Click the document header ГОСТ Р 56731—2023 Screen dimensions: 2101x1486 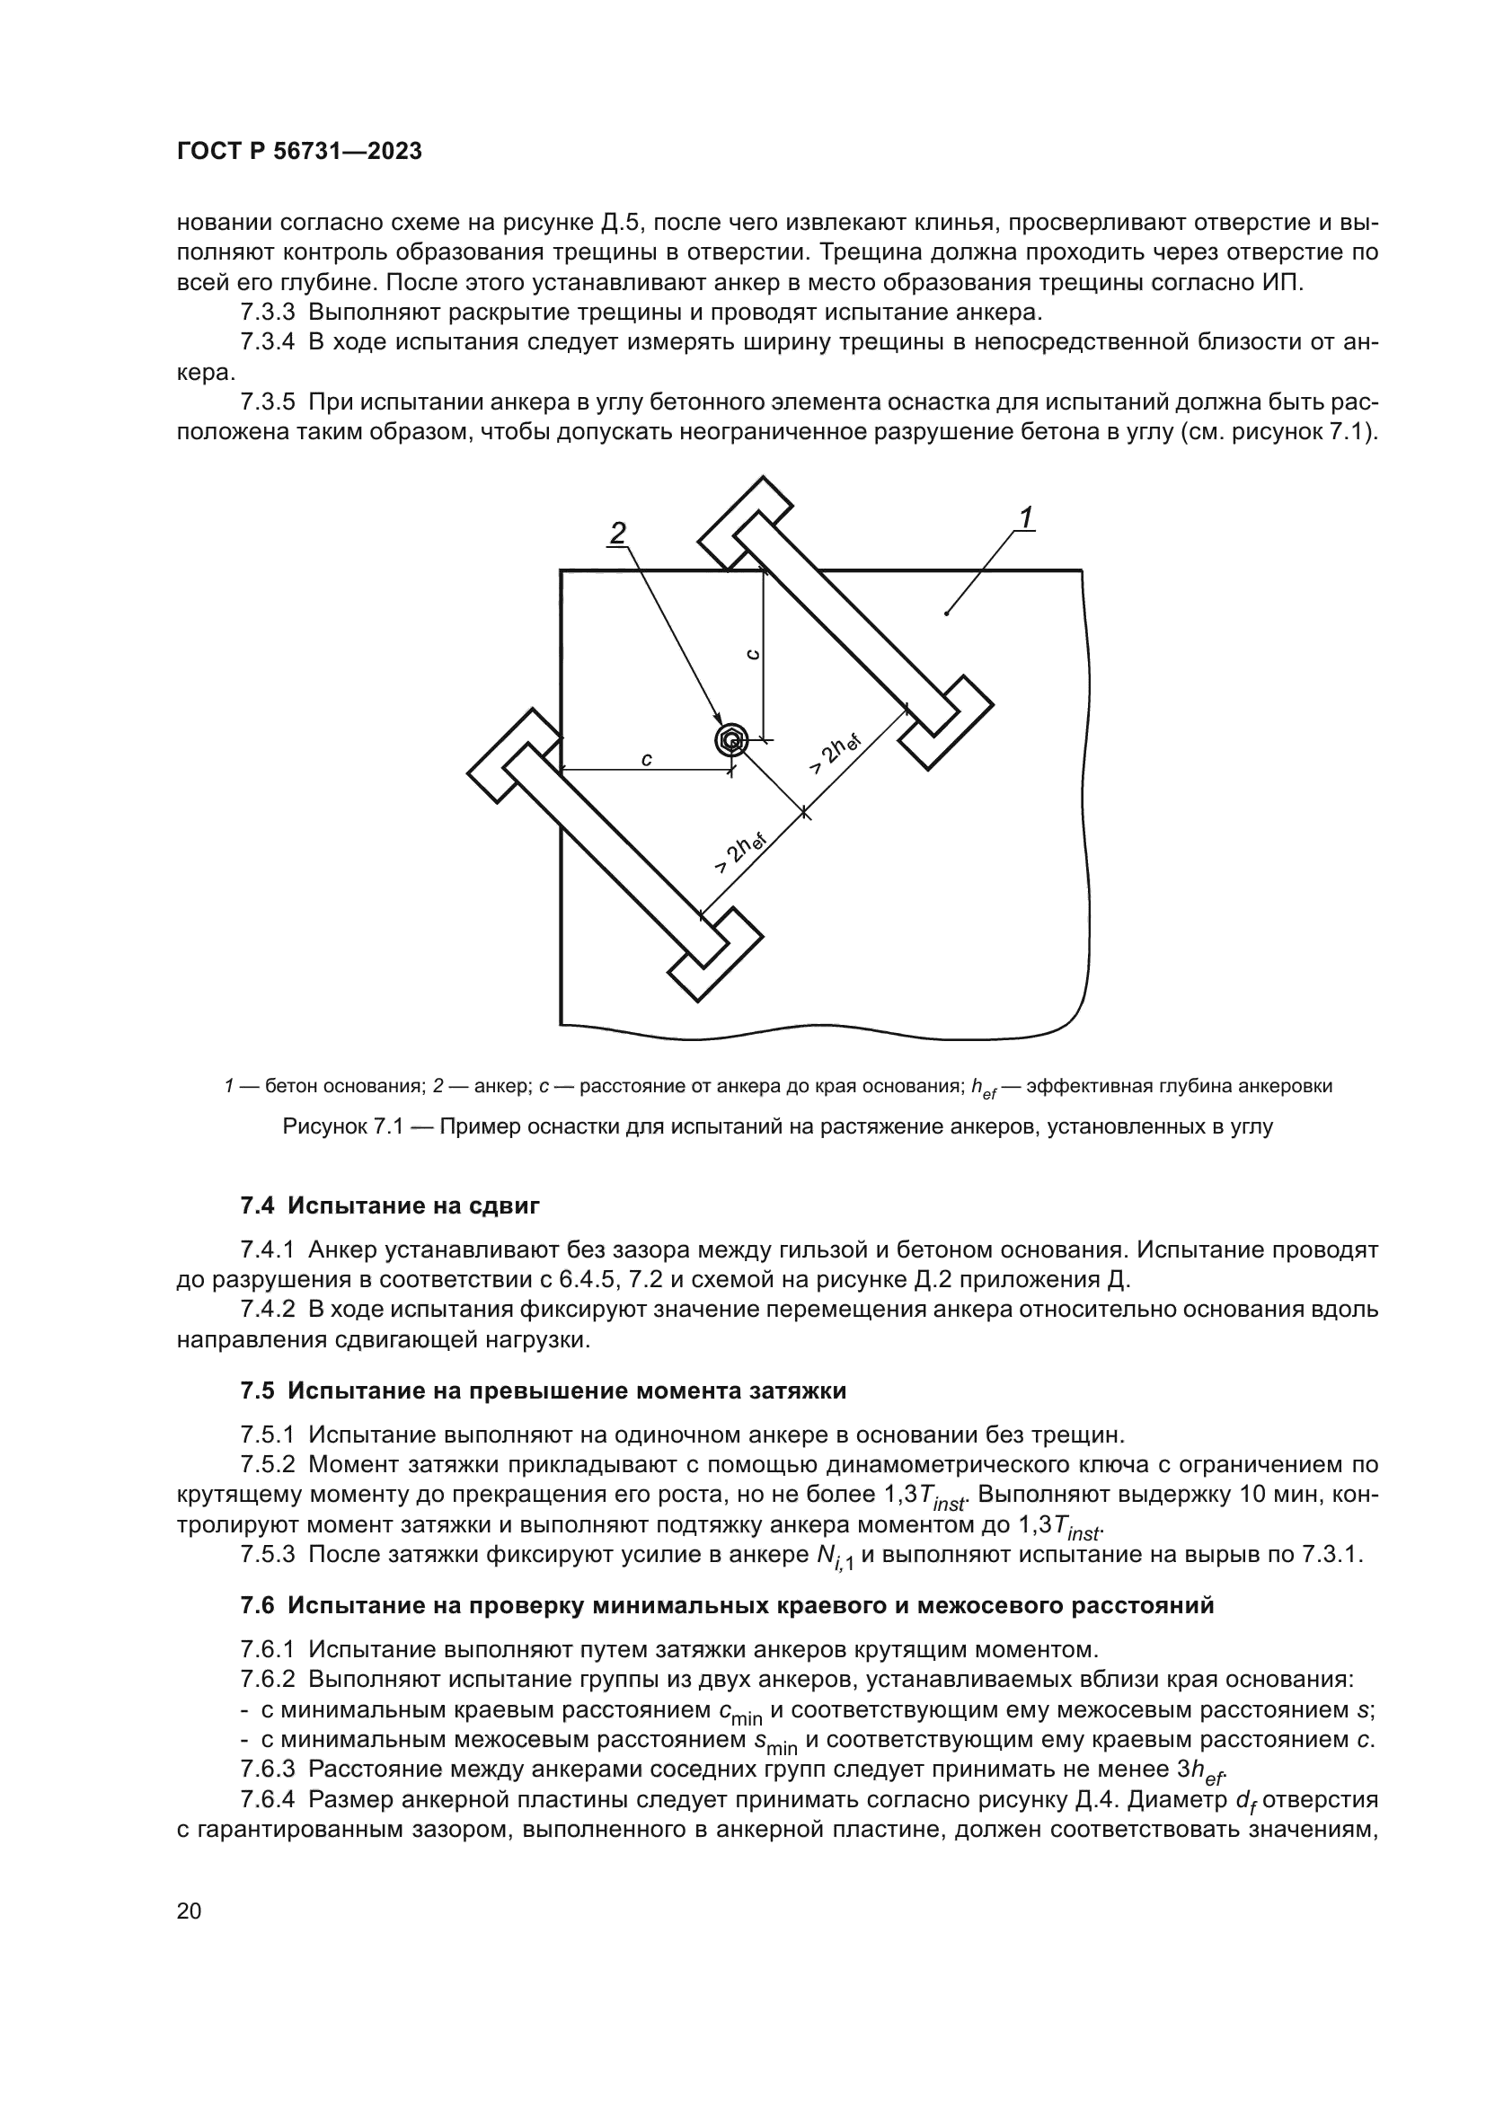[299, 152]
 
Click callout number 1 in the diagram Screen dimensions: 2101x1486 [1026, 518]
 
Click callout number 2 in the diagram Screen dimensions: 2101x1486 [618, 533]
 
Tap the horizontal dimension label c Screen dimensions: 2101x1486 [646, 759]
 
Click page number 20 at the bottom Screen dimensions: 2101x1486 [189, 1911]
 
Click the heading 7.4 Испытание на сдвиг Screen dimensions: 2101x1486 [390, 1205]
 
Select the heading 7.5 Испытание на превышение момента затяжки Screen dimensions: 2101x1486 [543, 1390]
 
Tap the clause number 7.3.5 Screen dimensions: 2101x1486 [267, 402]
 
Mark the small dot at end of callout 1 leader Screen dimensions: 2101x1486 [946, 614]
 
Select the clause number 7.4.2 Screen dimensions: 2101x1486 [267, 1310]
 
